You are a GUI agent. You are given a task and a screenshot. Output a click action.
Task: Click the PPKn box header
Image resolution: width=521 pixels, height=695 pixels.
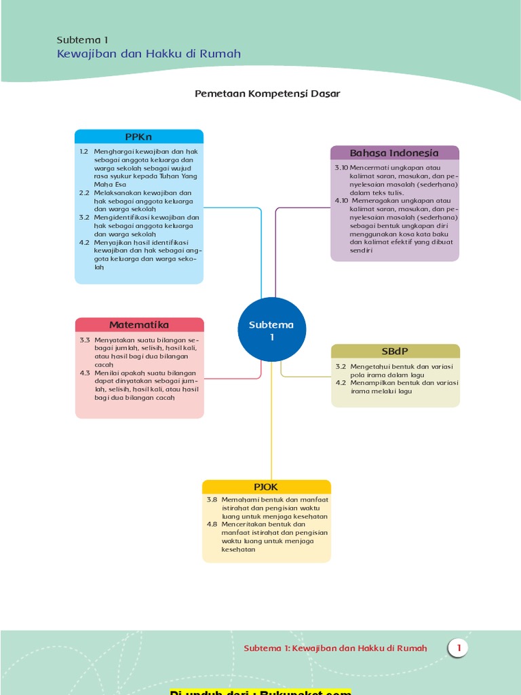tap(138, 136)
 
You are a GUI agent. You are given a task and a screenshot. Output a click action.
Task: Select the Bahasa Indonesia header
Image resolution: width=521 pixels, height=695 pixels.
tap(394, 153)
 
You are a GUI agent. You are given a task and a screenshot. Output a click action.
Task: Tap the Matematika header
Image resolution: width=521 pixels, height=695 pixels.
tap(139, 324)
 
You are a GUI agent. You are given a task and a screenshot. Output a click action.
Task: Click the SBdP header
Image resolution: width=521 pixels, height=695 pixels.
tap(395, 351)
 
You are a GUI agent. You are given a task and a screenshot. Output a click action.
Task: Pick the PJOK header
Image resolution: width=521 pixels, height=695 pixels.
tap(266, 487)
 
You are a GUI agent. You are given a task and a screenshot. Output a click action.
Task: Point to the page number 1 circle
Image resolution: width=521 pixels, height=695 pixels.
tap(459, 648)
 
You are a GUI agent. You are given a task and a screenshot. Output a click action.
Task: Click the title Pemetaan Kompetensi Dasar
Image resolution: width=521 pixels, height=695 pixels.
tap(267, 94)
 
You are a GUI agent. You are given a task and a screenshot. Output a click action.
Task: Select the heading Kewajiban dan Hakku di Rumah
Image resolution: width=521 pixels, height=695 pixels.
tap(149, 54)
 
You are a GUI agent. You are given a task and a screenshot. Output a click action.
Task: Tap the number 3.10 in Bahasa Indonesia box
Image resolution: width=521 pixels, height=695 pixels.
tap(341, 168)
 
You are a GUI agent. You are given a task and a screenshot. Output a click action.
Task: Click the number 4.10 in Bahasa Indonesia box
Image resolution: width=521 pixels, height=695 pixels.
tap(341, 201)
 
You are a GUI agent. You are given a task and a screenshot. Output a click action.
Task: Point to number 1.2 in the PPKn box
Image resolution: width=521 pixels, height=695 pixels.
tap(84, 151)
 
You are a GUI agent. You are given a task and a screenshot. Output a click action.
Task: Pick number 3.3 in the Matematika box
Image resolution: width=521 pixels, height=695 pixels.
tap(85, 339)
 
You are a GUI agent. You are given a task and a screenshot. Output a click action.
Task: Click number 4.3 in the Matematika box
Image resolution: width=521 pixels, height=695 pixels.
tap(85, 373)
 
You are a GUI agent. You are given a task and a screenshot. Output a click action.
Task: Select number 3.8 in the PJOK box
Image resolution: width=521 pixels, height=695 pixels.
tap(212, 500)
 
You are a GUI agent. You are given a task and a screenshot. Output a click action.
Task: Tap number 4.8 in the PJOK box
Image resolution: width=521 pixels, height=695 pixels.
tap(212, 525)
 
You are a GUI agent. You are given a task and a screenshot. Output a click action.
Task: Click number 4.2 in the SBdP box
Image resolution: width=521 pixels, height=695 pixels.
tap(341, 383)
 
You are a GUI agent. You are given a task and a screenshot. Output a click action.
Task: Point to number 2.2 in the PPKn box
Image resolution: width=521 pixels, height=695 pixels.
tap(84, 193)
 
